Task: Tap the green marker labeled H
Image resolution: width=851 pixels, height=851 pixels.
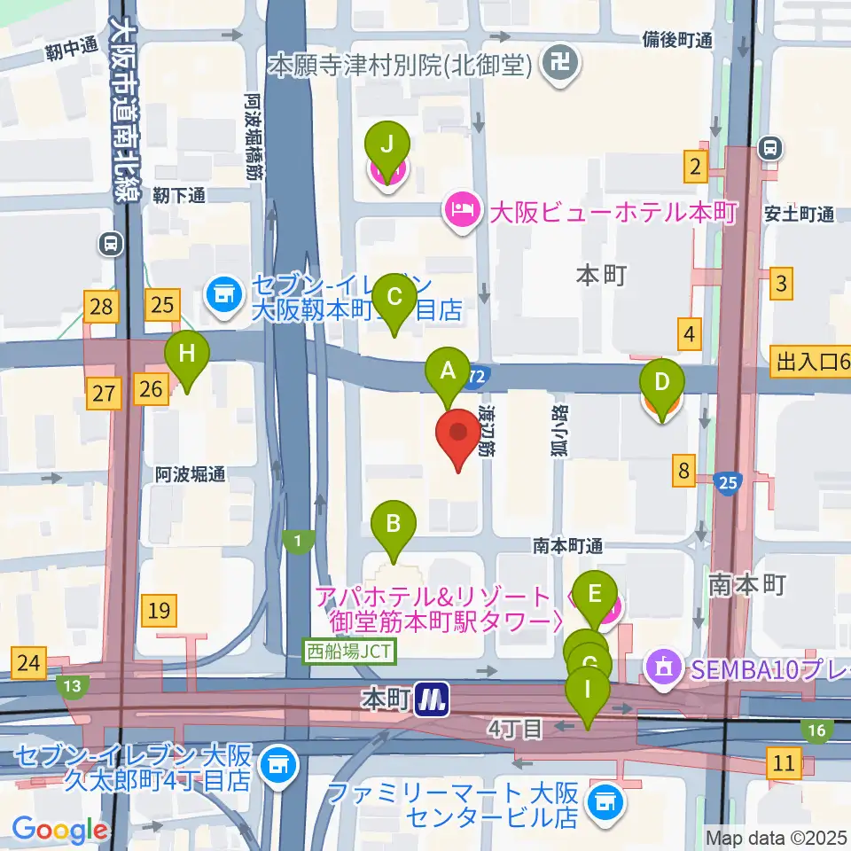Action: click(186, 355)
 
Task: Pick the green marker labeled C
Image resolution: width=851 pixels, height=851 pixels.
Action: click(394, 301)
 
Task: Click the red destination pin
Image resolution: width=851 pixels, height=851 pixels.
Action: click(458, 434)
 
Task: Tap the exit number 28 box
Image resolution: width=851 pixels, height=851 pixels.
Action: click(102, 308)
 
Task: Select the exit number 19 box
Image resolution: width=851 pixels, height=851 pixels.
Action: click(160, 611)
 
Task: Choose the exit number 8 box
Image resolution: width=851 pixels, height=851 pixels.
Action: click(683, 471)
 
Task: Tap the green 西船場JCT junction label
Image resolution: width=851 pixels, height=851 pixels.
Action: click(350, 652)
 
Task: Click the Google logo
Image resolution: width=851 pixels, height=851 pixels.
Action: click(60, 830)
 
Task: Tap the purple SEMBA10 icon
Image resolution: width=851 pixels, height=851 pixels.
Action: click(664, 661)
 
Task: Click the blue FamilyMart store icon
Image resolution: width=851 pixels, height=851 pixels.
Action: click(611, 800)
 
